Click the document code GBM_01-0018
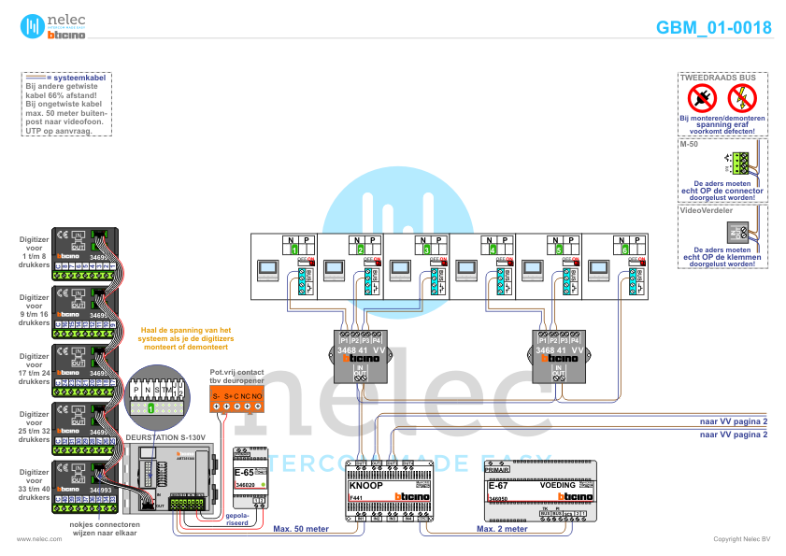coord(713,27)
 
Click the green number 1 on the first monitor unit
coord(294,250)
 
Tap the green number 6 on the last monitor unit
coord(623,250)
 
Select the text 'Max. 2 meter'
coord(502,529)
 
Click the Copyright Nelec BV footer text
coord(742,539)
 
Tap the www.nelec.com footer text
coord(33,539)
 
